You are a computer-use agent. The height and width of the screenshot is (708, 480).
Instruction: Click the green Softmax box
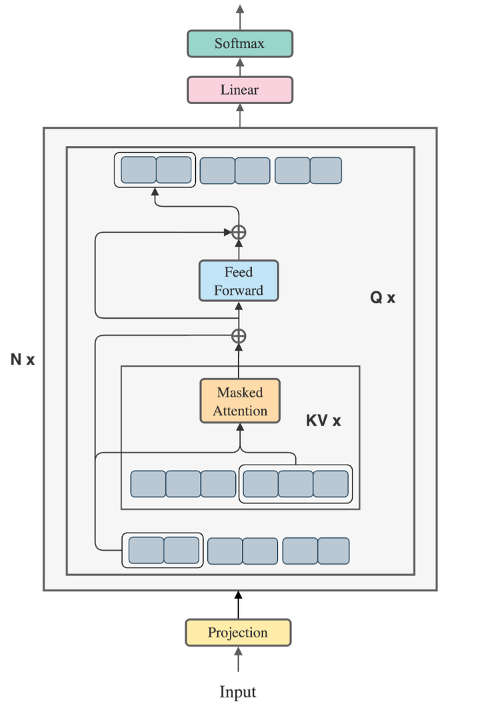click(x=239, y=44)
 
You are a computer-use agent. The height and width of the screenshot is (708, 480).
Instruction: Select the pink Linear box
click(x=239, y=90)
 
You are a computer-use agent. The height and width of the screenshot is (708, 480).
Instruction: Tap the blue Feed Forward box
click(x=239, y=281)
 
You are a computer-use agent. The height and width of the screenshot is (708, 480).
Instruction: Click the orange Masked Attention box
click(x=239, y=401)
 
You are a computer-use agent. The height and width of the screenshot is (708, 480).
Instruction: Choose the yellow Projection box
click(x=238, y=633)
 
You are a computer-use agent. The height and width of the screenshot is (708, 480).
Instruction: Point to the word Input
click(x=238, y=691)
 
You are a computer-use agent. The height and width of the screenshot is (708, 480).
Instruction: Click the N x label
click(x=22, y=361)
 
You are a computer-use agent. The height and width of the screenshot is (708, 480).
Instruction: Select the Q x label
click(x=383, y=298)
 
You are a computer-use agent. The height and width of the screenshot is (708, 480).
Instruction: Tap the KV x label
click(x=323, y=421)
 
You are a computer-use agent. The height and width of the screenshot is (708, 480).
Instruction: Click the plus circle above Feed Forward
click(x=239, y=232)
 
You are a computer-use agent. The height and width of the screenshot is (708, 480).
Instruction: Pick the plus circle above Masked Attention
click(x=239, y=335)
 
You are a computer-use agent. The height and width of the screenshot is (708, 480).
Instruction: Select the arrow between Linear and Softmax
click(x=239, y=67)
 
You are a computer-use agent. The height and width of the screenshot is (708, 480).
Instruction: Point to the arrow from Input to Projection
click(x=238, y=661)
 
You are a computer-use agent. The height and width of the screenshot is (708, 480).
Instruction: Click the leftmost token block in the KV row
click(x=148, y=484)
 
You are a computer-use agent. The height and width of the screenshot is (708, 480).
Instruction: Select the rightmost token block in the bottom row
click(x=333, y=551)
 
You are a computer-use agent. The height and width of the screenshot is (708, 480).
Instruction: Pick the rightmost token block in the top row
click(x=326, y=170)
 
